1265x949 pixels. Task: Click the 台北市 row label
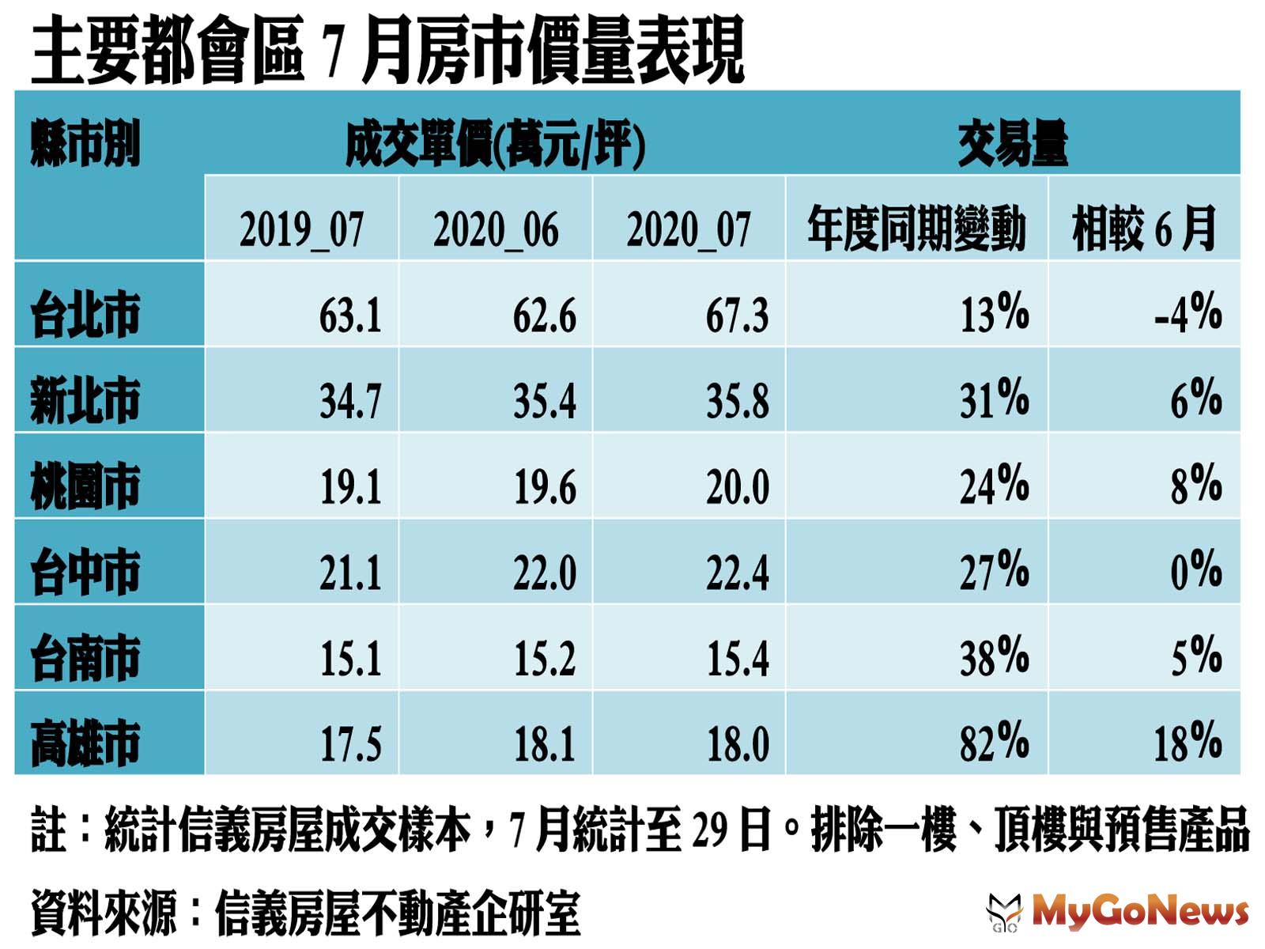[x=85, y=315]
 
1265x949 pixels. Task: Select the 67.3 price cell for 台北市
[x=737, y=315]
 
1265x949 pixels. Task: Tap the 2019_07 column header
[x=301, y=229]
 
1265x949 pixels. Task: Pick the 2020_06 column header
[x=496, y=229]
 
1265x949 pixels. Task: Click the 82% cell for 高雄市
[x=994, y=743]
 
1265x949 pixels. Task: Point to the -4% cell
[x=1188, y=313]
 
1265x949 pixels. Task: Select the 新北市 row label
[x=85, y=400]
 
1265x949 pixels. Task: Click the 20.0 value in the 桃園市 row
[x=737, y=486]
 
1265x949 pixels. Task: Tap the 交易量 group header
[x=1012, y=145]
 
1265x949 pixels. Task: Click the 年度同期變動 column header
[x=916, y=229]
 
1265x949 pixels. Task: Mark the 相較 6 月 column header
[x=1143, y=229]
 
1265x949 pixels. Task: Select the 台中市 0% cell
[x=1195, y=571]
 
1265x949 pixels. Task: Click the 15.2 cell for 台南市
[x=544, y=657]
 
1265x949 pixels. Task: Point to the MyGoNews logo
[x=1118, y=912]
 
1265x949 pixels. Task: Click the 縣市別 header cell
[x=85, y=145]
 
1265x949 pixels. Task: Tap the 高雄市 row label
[x=85, y=743]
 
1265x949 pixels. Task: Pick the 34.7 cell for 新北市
[x=350, y=400]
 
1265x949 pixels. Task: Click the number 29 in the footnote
[x=711, y=830]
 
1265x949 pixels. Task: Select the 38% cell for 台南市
[x=994, y=657]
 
